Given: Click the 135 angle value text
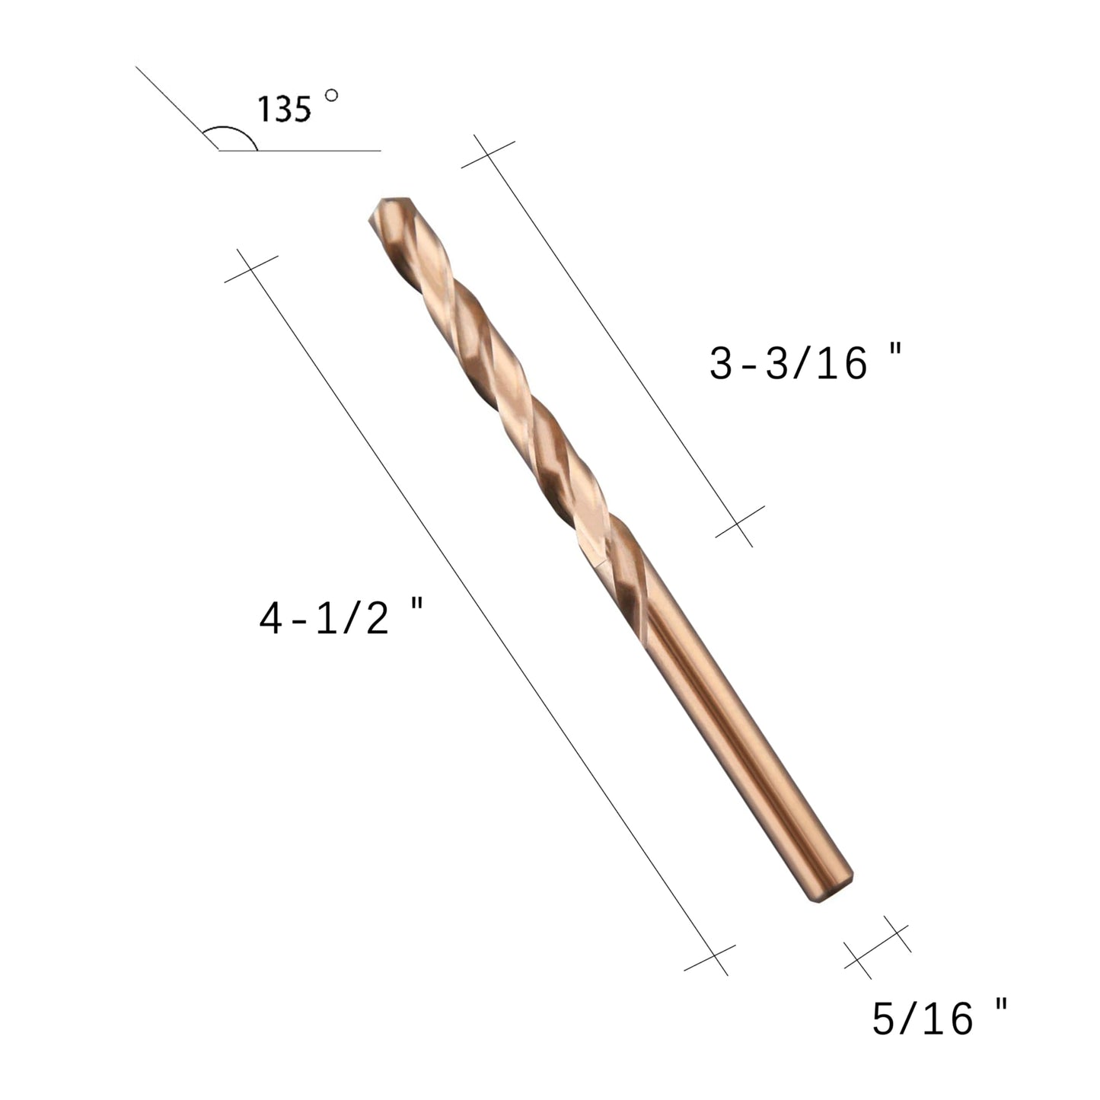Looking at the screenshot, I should click(285, 109).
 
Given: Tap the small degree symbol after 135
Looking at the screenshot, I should click(330, 96).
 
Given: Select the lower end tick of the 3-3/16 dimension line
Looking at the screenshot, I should click(739, 525).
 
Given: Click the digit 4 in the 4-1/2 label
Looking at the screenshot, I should click(272, 620).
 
